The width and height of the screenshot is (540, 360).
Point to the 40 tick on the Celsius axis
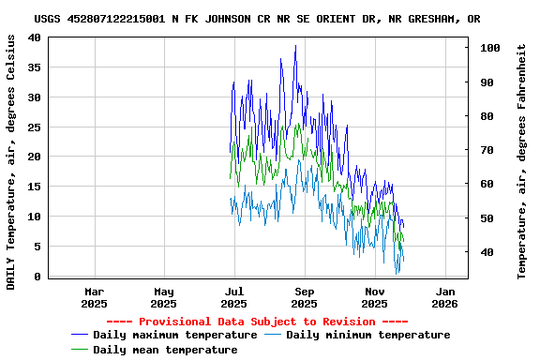pos(34,37)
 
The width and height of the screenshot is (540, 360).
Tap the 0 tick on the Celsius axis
pos(37,277)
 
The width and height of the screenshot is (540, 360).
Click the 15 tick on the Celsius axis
pos(34,187)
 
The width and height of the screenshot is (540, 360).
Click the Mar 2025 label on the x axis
pos(94,297)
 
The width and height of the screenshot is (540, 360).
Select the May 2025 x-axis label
pos(164,297)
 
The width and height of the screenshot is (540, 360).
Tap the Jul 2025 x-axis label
pos(234,297)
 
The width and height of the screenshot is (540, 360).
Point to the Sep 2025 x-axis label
pos(305,297)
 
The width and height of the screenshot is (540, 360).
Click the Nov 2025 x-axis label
pos(374,297)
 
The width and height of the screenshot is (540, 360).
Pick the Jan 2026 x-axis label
pos(444,297)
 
